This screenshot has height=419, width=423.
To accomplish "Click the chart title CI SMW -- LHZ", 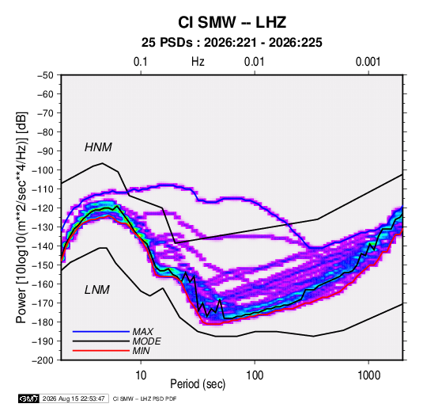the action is pyautogui.click(x=232, y=22).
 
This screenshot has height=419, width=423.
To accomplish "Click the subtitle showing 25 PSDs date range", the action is pyautogui.click(x=232, y=43).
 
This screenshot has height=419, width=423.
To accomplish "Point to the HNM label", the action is pyautogui.click(x=98, y=147).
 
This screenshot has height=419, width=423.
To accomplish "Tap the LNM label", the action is pyautogui.click(x=97, y=290).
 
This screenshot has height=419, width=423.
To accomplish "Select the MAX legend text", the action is pyautogui.click(x=143, y=331).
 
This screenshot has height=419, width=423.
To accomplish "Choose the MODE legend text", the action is pyautogui.click(x=147, y=341).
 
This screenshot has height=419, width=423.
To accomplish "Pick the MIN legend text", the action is pyautogui.click(x=141, y=351).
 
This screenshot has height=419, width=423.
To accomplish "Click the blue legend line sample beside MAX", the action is pyautogui.click(x=101, y=331).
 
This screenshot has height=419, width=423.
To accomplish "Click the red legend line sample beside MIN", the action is pyautogui.click(x=101, y=351).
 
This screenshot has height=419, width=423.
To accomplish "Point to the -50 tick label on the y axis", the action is pyautogui.click(x=45, y=75).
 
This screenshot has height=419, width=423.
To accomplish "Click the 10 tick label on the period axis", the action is pyautogui.click(x=141, y=375).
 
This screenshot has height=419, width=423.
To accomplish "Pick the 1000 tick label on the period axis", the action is pyautogui.click(x=368, y=375).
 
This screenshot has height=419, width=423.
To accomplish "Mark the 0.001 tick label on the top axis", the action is pyautogui.click(x=368, y=62).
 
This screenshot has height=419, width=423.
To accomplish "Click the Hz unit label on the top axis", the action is pyautogui.click(x=198, y=62).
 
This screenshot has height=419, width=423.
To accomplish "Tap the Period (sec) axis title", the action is pyautogui.click(x=198, y=384).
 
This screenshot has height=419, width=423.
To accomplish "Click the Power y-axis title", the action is pyautogui.click(x=21, y=217).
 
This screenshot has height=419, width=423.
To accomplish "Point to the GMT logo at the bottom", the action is pyautogui.click(x=28, y=398).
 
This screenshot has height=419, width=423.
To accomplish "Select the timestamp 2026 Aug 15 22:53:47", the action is pyautogui.click(x=74, y=398).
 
